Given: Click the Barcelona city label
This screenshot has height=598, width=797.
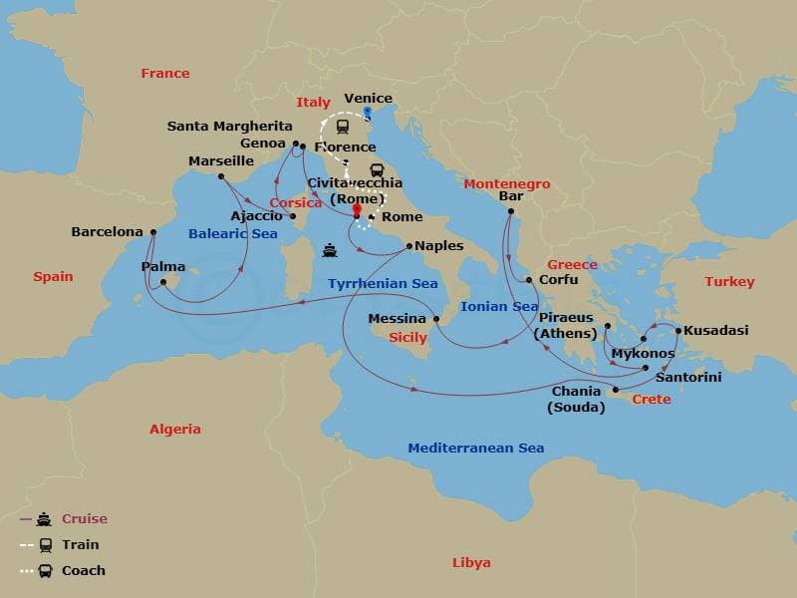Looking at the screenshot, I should pyautogui.click(x=107, y=231).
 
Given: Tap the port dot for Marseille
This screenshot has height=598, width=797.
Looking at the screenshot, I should pyautogui.click(x=221, y=176).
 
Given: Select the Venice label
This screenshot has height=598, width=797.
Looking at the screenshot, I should pyautogui.click(x=368, y=99).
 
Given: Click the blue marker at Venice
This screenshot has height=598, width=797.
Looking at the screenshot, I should pyautogui.click(x=368, y=112).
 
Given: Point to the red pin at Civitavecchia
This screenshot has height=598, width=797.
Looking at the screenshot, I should pyautogui.click(x=357, y=209).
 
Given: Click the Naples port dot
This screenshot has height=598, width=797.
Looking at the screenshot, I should pyautogui.click(x=409, y=245).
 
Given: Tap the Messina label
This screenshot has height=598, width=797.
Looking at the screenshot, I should pyautogui.click(x=398, y=319).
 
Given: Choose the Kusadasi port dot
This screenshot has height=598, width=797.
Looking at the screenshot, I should pyautogui.click(x=678, y=331).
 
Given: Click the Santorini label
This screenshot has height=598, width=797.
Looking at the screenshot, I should pyautogui.click(x=688, y=378).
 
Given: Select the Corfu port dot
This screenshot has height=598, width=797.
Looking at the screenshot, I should pyautogui.click(x=529, y=280).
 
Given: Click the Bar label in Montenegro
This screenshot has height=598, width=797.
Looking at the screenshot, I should pyautogui.click(x=511, y=196).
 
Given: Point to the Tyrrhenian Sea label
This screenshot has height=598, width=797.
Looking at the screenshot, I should pyautogui.click(x=383, y=284).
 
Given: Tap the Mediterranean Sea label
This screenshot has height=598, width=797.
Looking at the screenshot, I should pyautogui.click(x=475, y=448).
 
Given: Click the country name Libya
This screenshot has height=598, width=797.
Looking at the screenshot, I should pyautogui.click(x=471, y=563).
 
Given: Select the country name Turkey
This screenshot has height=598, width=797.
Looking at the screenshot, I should pyautogui.click(x=729, y=282).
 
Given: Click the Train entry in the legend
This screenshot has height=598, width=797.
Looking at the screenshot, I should pyautogui.click(x=81, y=545).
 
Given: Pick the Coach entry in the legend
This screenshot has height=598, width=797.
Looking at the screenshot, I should pyautogui.click(x=84, y=571).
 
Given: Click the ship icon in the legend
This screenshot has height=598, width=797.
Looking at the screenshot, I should pyautogui.click(x=44, y=519).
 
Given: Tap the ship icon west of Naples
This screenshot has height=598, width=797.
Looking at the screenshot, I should pyautogui.click(x=329, y=250).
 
